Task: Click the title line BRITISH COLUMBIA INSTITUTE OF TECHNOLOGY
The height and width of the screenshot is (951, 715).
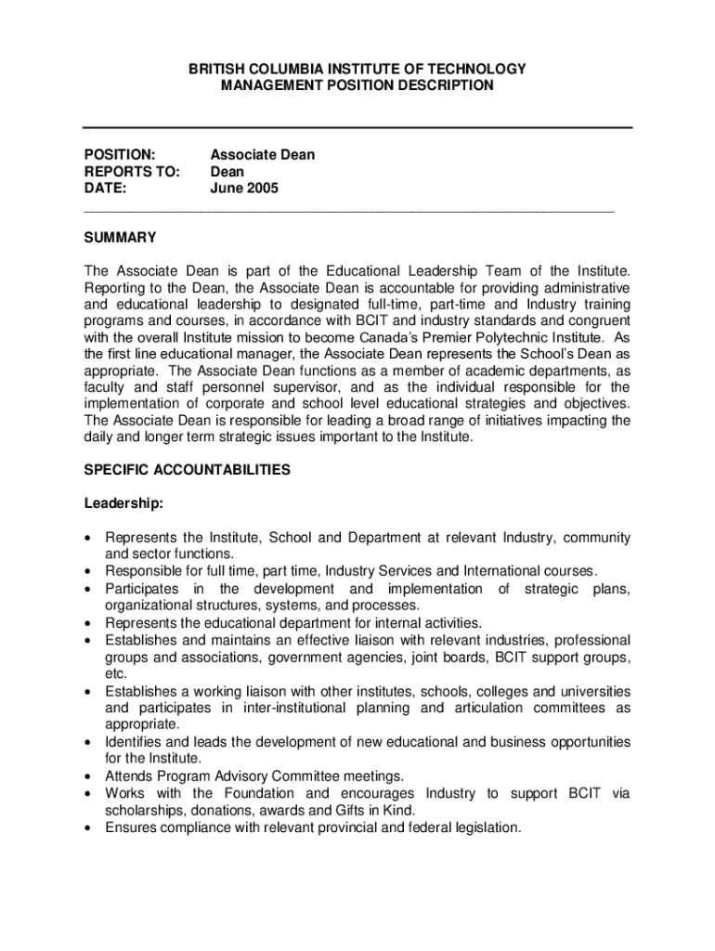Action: pos(357,69)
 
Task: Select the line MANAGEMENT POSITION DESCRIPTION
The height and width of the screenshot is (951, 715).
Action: pos(357,85)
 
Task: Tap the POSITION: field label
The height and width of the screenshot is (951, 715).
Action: pos(119,155)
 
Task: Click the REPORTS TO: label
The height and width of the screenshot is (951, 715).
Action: pos(130,172)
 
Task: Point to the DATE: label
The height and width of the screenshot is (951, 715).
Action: pos(105,189)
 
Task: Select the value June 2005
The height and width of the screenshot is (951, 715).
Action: pos(244,189)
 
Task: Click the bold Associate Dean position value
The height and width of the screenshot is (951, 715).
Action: pos(263,155)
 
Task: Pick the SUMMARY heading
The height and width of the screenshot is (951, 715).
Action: pos(120,238)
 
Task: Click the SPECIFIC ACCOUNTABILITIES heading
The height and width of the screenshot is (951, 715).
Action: pos(187,470)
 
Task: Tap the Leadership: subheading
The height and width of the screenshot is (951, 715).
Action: pos(124,504)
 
